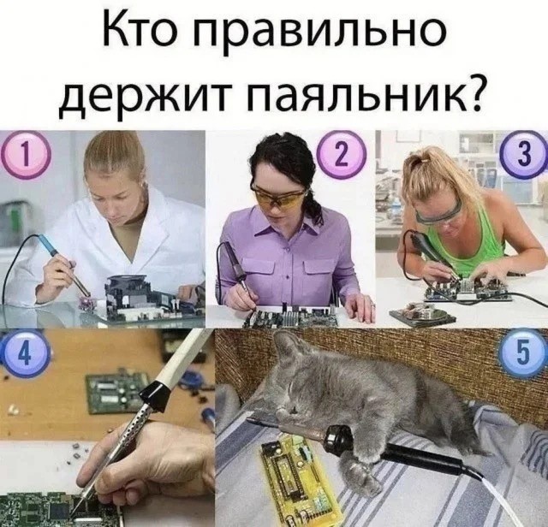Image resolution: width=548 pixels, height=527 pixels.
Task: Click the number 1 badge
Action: (25, 154)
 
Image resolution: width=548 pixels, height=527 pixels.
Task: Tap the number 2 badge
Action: (341, 154)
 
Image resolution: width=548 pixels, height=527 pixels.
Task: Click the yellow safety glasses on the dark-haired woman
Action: (279, 198)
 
